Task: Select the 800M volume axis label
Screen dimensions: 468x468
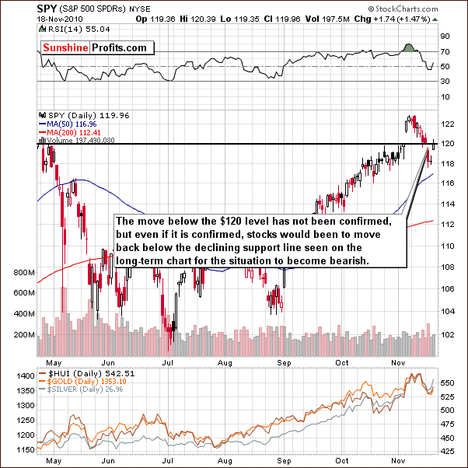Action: pyautogui.click(x=24, y=273)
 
